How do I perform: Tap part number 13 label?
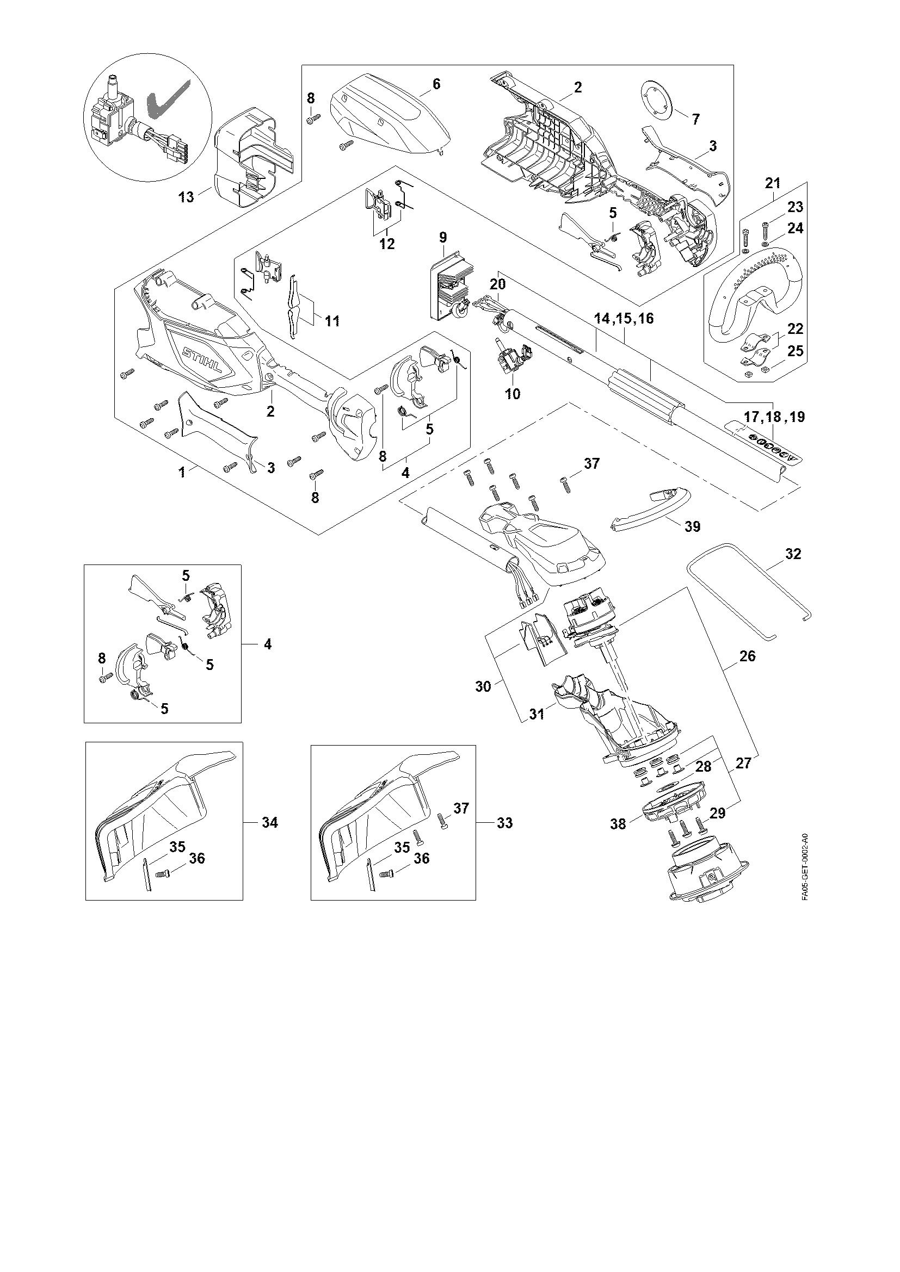click(187, 197)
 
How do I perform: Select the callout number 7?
click(695, 119)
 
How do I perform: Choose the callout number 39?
click(692, 526)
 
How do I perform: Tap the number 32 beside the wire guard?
click(793, 554)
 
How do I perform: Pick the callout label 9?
click(443, 238)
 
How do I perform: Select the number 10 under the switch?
click(513, 394)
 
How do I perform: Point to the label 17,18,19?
click(775, 417)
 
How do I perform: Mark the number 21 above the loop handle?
click(773, 182)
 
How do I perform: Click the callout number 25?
click(796, 351)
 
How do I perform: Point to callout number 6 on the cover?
click(436, 84)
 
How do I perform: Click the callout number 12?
click(387, 244)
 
